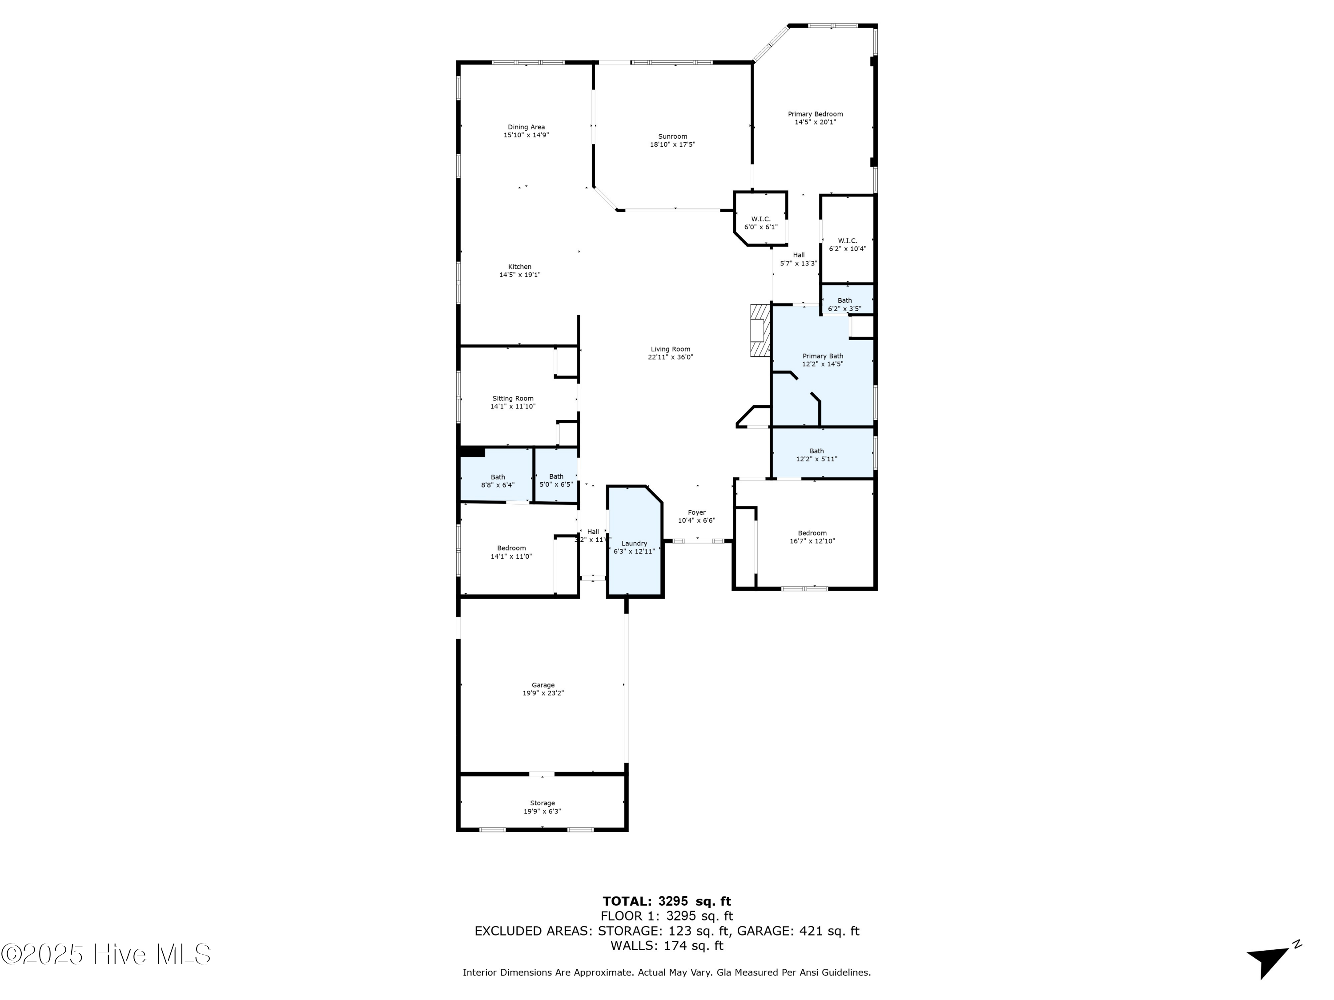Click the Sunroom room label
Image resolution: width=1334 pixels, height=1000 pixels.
click(672, 136)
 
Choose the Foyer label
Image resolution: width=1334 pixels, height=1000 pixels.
click(696, 512)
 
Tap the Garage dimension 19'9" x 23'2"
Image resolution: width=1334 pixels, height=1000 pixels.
click(543, 693)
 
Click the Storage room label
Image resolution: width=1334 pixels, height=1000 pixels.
click(542, 803)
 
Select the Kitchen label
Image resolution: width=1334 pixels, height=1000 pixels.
click(520, 266)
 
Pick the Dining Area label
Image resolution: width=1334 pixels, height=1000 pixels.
click(526, 127)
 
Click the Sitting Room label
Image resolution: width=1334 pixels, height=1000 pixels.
click(513, 398)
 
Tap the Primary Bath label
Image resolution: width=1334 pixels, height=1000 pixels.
click(823, 356)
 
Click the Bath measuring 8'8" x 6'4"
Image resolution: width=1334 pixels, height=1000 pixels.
click(498, 480)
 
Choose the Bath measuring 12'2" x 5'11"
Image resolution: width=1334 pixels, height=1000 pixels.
click(816, 455)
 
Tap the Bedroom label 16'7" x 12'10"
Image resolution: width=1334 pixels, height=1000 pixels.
click(812, 533)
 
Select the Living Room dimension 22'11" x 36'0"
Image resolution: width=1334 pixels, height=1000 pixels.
click(671, 357)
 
